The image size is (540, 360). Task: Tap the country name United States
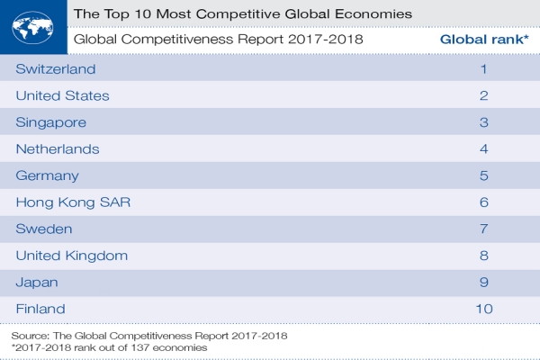click(63, 95)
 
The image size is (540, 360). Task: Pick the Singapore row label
click(52, 122)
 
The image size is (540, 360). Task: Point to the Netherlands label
click(58, 148)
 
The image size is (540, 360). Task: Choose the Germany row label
click(48, 175)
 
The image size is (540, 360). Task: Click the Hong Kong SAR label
click(74, 202)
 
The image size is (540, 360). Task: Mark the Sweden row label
click(45, 229)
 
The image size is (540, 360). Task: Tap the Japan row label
click(38, 282)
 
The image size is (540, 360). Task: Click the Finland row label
click(42, 309)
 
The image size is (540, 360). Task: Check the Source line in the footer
click(149, 335)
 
